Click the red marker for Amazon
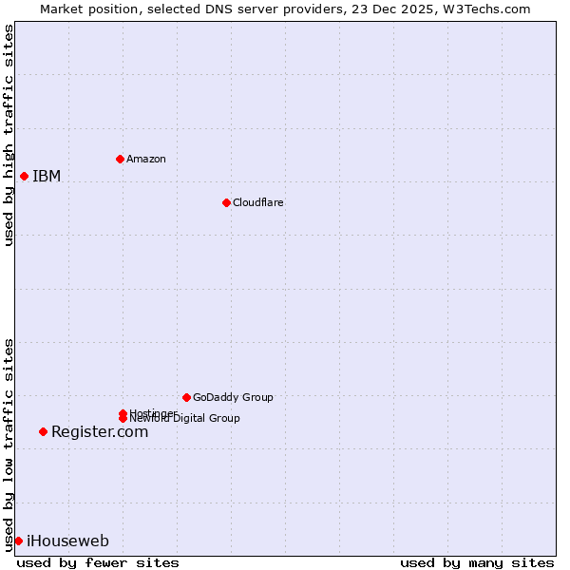point(120,159)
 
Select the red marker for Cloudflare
point(226,202)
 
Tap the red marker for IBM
point(24,176)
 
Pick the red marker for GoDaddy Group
point(186,397)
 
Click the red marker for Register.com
point(43,431)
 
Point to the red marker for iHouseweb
point(18,541)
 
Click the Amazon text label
point(145,159)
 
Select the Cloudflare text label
point(257,202)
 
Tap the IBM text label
point(47,176)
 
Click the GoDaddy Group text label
point(233,397)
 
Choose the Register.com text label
point(100,431)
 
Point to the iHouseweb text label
point(67,541)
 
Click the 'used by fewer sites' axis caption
point(98,562)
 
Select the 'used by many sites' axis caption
point(477,562)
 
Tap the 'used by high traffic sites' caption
point(9,135)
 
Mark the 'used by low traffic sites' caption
point(9,444)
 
